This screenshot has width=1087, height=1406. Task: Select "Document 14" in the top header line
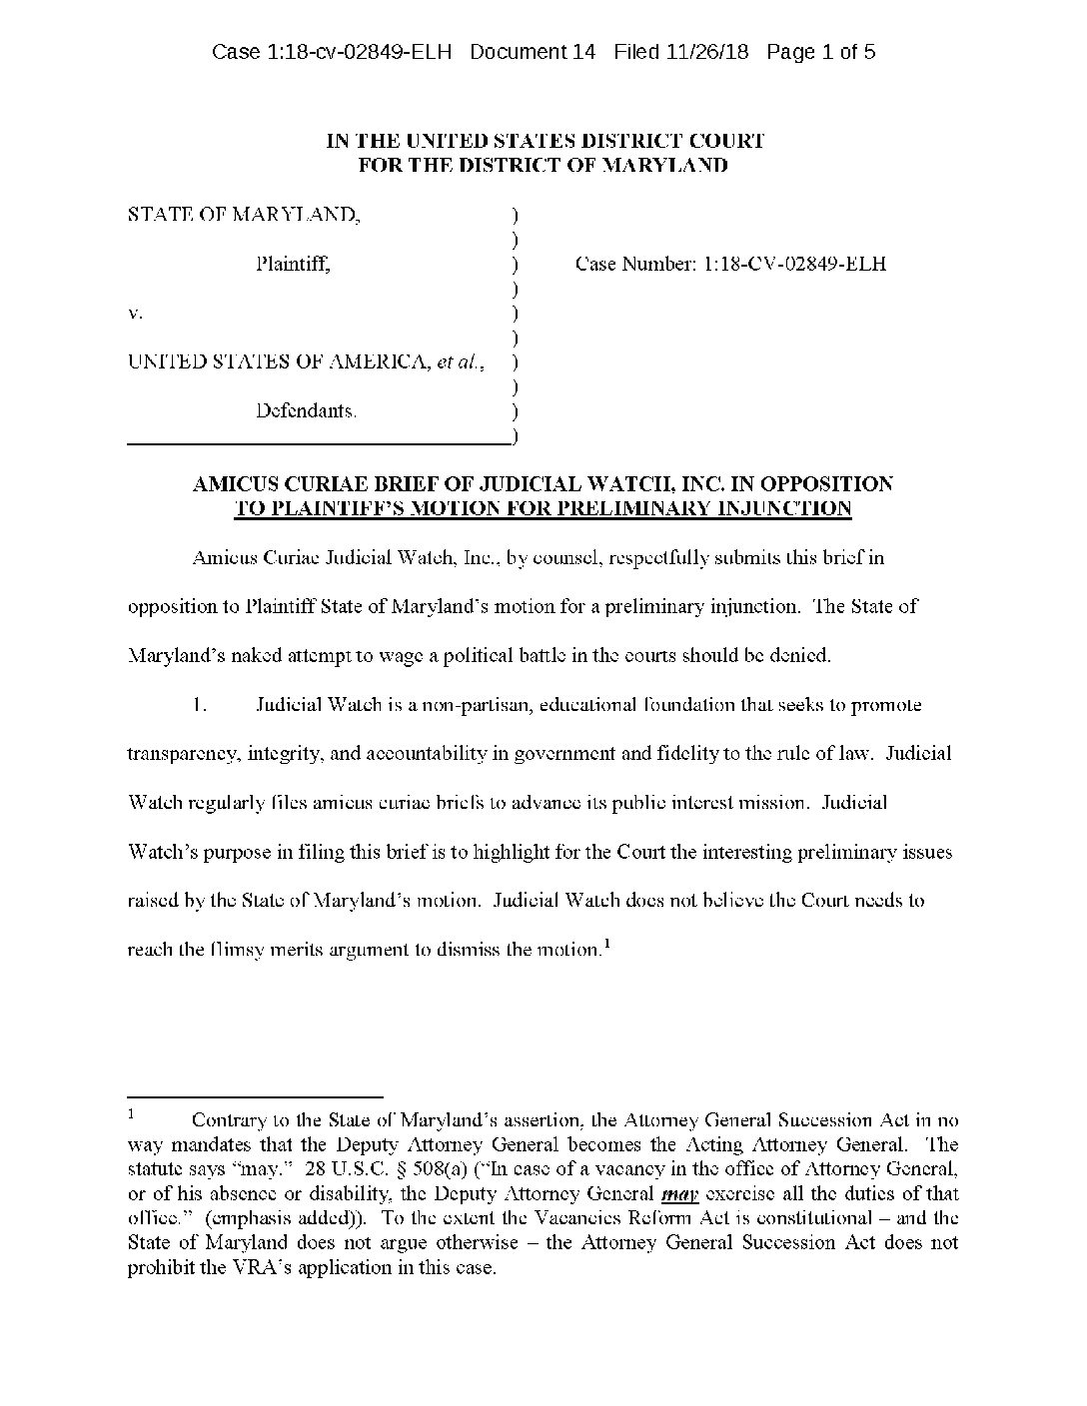click(x=532, y=52)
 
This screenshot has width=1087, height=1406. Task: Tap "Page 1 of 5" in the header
click(x=821, y=52)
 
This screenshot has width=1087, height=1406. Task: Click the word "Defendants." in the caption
click(x=305, y=410)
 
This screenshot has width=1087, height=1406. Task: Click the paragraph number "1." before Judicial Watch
click(x=200, y=705)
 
